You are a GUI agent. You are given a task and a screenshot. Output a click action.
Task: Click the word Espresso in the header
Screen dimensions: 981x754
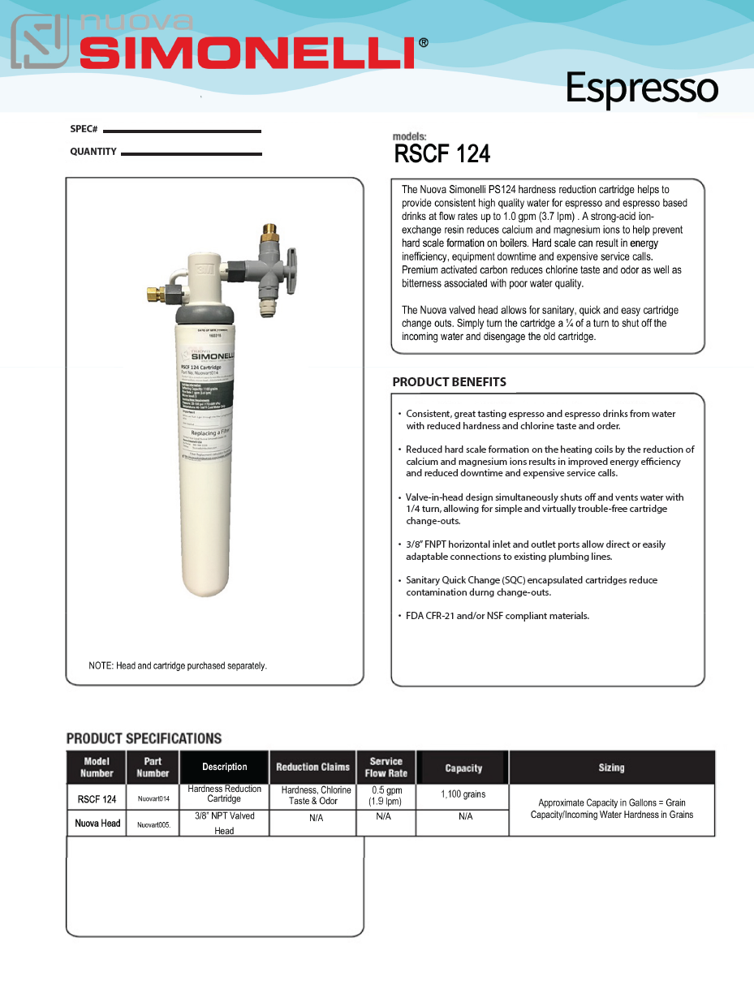641,88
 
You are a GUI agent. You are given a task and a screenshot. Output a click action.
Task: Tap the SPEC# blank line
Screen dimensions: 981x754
182,131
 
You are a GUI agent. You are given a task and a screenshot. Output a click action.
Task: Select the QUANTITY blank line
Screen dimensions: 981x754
191,153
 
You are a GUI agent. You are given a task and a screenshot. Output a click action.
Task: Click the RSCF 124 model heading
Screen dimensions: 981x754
442,153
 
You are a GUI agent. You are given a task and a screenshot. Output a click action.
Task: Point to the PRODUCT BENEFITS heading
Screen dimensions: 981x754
449,381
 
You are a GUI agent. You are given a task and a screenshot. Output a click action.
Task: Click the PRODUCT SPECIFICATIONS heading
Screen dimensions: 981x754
144,738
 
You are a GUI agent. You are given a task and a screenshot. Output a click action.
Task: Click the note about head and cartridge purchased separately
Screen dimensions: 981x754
178,665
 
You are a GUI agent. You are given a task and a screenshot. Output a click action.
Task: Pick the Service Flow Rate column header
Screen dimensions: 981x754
386,767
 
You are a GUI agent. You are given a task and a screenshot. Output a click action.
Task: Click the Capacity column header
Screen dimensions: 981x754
463,768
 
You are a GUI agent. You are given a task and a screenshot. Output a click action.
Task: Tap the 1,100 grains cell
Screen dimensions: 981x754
463,794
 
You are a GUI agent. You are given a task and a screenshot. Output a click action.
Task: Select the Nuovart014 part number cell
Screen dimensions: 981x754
153,799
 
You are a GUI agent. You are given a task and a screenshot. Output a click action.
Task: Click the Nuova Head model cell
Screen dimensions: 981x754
97,823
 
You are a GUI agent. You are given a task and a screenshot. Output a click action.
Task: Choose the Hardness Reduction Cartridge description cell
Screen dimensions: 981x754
224,794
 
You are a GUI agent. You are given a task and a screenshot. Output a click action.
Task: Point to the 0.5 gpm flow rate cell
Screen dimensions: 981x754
386,796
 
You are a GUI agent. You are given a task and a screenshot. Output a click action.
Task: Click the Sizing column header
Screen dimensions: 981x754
611,767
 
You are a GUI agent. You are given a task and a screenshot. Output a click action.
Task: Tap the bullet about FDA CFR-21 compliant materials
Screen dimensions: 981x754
497,616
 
